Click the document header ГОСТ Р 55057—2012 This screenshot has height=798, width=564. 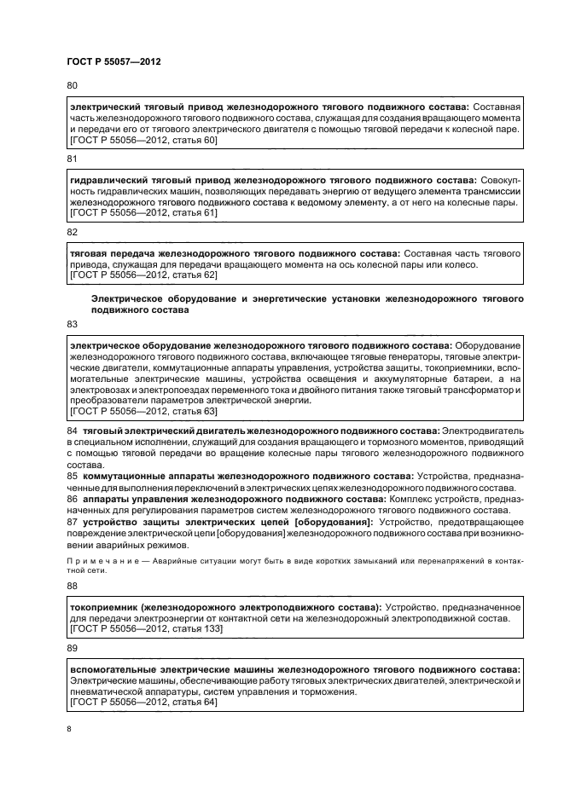(113, 62)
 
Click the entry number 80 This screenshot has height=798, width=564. (72, 85)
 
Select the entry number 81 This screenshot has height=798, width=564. (72, 159)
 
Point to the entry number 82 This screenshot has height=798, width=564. (72, 232)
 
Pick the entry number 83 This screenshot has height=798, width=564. (72, 324)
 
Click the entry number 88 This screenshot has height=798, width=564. (72, 587)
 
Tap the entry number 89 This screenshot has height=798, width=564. (72, 649)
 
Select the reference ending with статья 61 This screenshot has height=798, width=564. (142, 213)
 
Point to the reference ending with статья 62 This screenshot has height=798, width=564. (142, 275)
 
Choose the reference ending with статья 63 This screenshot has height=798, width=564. (142, 411)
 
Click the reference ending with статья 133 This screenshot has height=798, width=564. (144, 628)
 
